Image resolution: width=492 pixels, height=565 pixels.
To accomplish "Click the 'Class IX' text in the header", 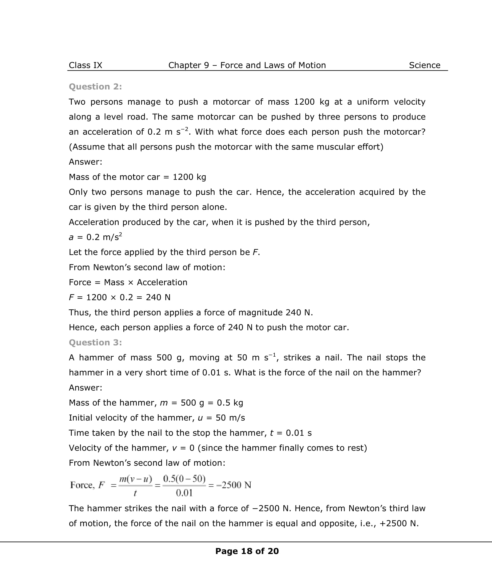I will point(85,65).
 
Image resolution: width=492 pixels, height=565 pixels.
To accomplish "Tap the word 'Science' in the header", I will point(425,65).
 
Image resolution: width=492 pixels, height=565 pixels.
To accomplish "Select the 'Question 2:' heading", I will point(95,86).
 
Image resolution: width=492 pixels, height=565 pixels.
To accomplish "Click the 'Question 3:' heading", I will point(95,342).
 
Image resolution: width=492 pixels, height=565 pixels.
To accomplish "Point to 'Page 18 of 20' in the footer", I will point(247,551).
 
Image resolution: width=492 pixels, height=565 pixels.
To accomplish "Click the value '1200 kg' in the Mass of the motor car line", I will point(189,177).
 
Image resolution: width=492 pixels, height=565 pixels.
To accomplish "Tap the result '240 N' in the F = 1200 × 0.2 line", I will point(158,297).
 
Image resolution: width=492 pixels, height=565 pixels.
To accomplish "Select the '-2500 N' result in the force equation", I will point(234,485).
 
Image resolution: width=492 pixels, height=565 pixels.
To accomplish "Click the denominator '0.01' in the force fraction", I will point(184,493).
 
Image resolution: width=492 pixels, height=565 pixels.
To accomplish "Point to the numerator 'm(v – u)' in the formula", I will point(135,479).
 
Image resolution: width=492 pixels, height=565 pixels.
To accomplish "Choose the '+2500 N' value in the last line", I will point(399,523).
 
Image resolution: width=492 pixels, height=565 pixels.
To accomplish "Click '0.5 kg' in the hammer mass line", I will point(230,403).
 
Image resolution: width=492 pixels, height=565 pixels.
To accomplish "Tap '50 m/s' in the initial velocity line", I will point(230,418).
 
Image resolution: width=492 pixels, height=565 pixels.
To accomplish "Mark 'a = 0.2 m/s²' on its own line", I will point(95,237).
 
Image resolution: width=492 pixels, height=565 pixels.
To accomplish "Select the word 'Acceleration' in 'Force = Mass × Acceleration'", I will point(162,282).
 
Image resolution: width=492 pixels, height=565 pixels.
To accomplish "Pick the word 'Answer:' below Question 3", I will point(86,388).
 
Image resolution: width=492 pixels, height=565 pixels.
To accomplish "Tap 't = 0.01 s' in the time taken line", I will point(290,433).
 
